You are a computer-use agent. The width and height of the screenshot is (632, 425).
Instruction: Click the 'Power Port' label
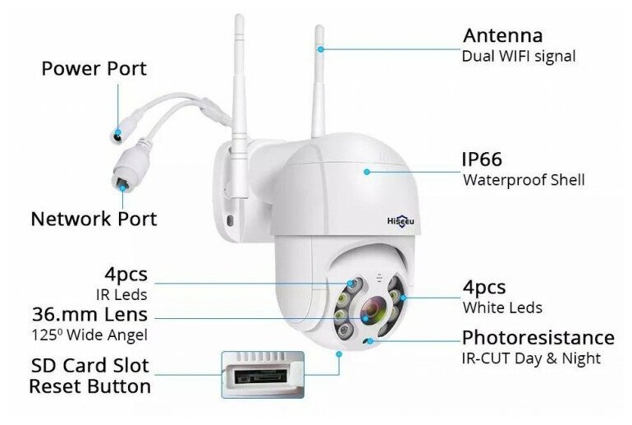click(94, 68)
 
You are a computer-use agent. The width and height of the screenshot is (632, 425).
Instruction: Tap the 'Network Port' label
click(94, 219)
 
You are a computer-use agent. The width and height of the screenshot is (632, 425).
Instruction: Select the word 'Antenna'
click(502, 35)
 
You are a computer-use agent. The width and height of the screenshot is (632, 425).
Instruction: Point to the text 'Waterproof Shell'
click(524, 180)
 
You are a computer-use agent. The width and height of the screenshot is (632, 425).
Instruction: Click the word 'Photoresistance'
click(538, 338)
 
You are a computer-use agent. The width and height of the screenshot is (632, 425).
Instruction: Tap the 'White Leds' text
click(502, 308)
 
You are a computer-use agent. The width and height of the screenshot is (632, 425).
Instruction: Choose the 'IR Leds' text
click(124, 293)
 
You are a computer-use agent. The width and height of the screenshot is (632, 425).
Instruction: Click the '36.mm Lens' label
click(90, 314)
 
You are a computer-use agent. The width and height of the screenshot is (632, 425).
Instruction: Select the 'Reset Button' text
click(90, 386)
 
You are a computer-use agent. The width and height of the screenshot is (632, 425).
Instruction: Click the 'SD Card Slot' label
click(90, 365)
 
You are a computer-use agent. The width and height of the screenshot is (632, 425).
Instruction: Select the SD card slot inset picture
click(262, 376)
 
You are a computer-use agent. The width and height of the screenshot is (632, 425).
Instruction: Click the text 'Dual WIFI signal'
click(519, 57)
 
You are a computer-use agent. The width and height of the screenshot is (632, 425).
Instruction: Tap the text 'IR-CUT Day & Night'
click(531, 358)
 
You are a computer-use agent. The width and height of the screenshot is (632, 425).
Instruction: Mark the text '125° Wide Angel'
click(89, 335)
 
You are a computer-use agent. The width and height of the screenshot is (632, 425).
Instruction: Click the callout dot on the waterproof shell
click(368, 171)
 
